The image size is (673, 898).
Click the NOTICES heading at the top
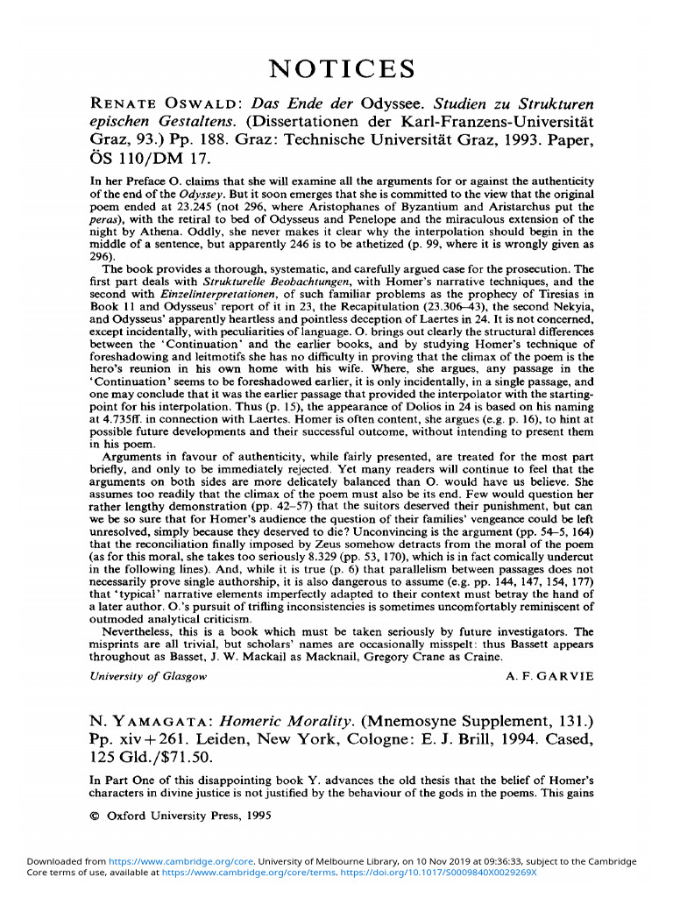(x=341, y=68)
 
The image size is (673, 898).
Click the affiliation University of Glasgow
(x=149, y=676)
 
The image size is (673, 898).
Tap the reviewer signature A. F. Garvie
(x=550, y=676)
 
